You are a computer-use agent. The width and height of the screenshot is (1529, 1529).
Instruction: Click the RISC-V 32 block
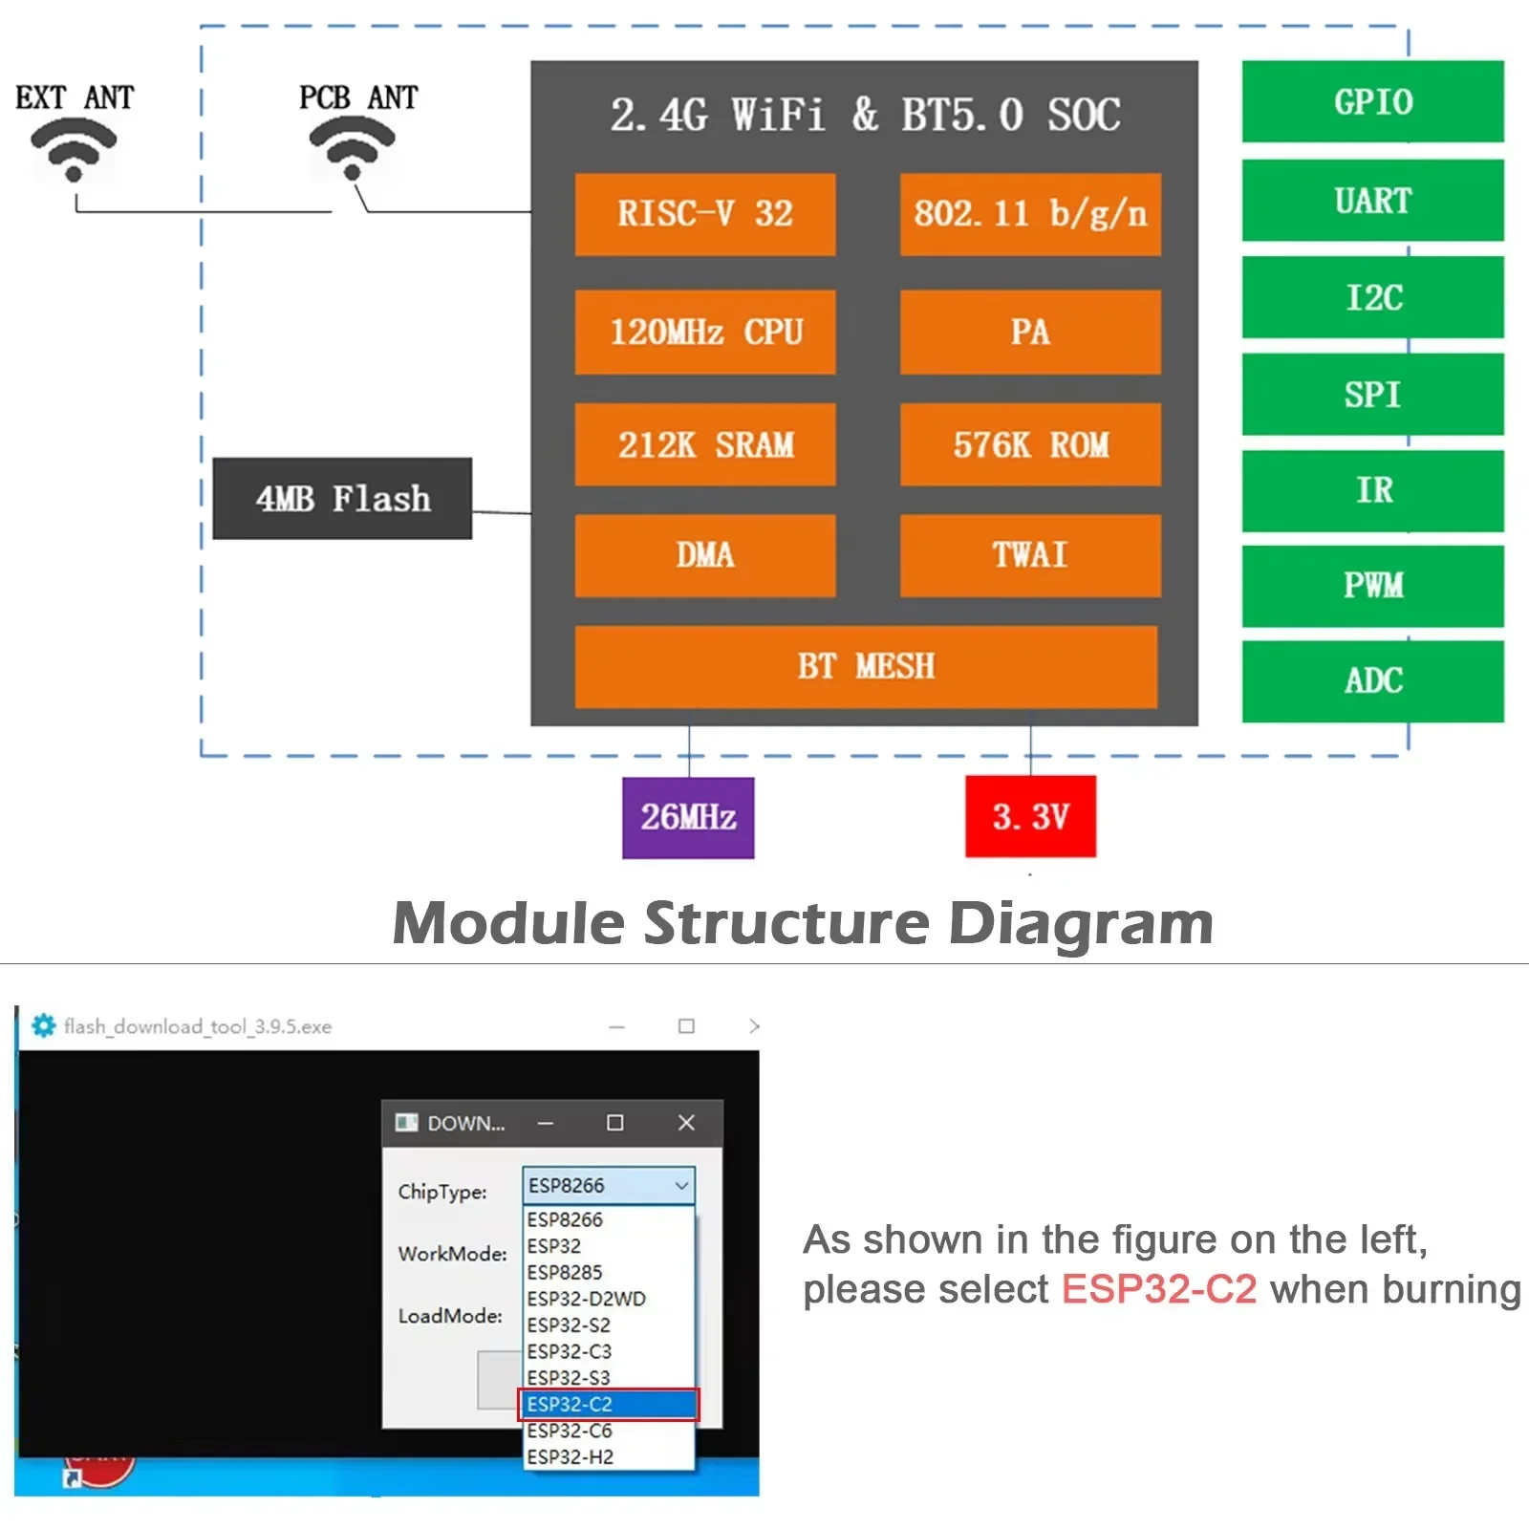coord(704,214)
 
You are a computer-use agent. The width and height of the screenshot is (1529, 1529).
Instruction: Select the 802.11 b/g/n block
coord(1029,214)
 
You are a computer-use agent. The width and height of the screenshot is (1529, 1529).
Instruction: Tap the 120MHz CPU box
coord(704,332)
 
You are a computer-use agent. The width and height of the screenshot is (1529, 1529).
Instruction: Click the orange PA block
coord(1029,332)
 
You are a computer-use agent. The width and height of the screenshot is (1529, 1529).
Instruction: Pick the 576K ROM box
coord(1029,444)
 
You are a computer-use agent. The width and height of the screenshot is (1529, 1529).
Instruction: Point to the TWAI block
coord(1029,555)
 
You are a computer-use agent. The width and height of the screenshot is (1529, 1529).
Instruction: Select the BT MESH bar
coord(865,666)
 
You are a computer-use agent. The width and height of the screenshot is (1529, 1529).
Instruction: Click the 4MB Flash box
coord(342,499)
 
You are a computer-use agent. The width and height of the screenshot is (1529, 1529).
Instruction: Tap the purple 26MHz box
coord(688,817)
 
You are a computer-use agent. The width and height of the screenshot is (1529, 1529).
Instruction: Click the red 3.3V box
coord(1030,816)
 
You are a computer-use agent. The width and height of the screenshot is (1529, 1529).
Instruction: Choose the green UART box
coord(1372,201)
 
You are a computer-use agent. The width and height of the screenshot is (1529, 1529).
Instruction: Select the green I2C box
coord(1372,297)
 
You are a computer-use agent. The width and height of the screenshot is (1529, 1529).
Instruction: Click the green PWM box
coord(1372,585)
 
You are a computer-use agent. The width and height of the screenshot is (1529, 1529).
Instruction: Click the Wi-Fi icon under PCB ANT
coord(353,149)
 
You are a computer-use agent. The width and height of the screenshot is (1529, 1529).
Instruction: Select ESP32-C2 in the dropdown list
coord(609,1404)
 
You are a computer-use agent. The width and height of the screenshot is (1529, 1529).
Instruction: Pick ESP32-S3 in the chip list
coord(569,1377)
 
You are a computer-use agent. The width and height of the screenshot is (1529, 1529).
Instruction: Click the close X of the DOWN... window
coord(686,1123)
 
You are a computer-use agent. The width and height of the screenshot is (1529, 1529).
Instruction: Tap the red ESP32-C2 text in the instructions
coord(1158,1289)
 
